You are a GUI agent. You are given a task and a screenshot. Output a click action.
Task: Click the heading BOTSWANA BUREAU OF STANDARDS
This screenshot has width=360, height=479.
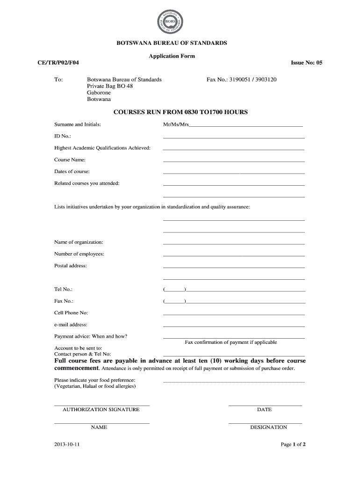coord(172,43)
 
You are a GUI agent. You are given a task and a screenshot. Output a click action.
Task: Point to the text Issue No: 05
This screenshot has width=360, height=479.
coord(306,63)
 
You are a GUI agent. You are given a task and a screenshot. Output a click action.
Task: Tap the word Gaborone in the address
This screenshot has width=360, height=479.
coord(99,93)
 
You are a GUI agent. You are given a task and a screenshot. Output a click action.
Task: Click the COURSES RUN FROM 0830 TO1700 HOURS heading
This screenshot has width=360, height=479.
coord(181,112)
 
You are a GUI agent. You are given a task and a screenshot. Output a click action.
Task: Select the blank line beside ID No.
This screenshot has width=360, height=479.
coord(234,138)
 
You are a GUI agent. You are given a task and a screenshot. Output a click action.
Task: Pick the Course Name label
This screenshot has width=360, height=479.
coord(70,160)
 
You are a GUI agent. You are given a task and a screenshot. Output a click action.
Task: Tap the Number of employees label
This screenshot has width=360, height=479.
coord(79,254)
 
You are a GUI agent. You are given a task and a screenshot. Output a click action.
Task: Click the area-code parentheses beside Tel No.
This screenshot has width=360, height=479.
coord(175,290)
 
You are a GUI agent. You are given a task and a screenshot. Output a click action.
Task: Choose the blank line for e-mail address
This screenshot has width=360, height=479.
coord(234,326)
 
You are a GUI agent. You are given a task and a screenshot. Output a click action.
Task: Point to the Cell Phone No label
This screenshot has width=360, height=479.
coord(71,312)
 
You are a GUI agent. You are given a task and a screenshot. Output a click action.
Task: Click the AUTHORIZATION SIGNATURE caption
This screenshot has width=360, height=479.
coord(101,410)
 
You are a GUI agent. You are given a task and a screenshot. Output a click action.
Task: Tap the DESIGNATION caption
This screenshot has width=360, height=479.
coord(268,427)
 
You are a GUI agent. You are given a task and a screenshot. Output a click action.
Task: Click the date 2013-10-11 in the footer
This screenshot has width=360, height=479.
coord(67,444)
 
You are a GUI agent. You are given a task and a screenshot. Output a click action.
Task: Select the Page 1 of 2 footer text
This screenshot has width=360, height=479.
coord(293,444)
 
